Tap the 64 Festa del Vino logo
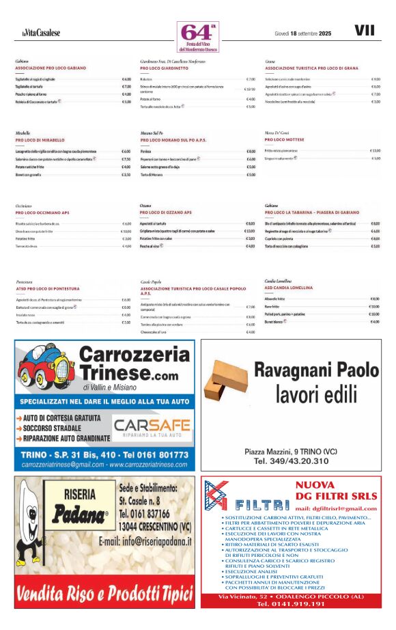click(x=197, y=37)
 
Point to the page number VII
click(x=365, y=31)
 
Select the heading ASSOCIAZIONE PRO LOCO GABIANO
click(x=51, y=68)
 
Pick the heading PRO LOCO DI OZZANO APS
click(x=166, y=213)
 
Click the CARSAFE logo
click(x=151, y=428)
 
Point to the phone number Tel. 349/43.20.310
click(x=291, y=461)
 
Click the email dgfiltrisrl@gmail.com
click(x=336, y=509)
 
